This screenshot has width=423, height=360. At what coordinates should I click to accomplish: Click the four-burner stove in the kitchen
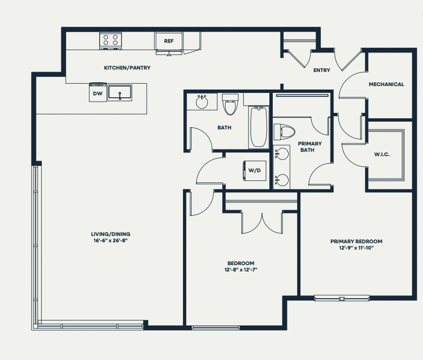pyautogui.click(x=110, y=40)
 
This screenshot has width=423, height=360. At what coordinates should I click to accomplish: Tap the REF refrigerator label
pyautogui.click(x=169, y=41)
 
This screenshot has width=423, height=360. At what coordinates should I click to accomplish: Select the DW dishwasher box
pyautogui.click(x=98, y=92)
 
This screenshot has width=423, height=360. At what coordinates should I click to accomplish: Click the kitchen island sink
pyautogui.click(x=120, y=92)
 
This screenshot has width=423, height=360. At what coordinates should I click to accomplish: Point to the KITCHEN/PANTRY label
pyautogui.click(x=127, y=68)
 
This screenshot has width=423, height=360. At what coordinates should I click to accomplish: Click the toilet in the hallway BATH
pyautogui.click(x=230, y=104)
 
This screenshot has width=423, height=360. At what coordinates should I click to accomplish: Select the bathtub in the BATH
pyautogui.click(x=259, y=127)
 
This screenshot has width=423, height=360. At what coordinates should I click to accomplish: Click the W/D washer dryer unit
pyautogui.click(x=255, y=171)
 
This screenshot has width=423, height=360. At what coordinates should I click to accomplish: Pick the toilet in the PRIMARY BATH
pyautogui.click(x=284, y=132)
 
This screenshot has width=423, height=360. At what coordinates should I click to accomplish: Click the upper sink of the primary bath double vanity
pyautogui.click(x=282, y=154)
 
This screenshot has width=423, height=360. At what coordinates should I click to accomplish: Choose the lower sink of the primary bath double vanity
pyautogui.click(x=282, y=180)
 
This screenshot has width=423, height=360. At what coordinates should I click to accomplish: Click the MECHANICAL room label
pyautogui.click(x=387, y=85)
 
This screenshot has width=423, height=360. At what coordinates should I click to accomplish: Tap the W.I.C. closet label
pyautogui.click(x=382, y=155)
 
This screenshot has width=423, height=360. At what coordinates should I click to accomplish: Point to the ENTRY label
pyautogui.click(x=321, y=70)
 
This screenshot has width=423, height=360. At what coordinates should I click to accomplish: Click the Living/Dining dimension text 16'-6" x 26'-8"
pyautogui.click(x=110, y=241)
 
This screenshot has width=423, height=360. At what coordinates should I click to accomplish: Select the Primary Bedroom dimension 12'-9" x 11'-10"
pyautogui.click(x=356, y=248)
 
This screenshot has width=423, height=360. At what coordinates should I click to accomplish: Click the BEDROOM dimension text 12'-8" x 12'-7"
pyautogui.click(x=241, y=270)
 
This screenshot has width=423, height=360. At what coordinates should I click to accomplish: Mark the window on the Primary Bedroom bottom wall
pyautogui.click(x=342, y=298)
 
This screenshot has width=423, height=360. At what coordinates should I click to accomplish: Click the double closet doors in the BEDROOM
pyautogui.click(x=262, y=223)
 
